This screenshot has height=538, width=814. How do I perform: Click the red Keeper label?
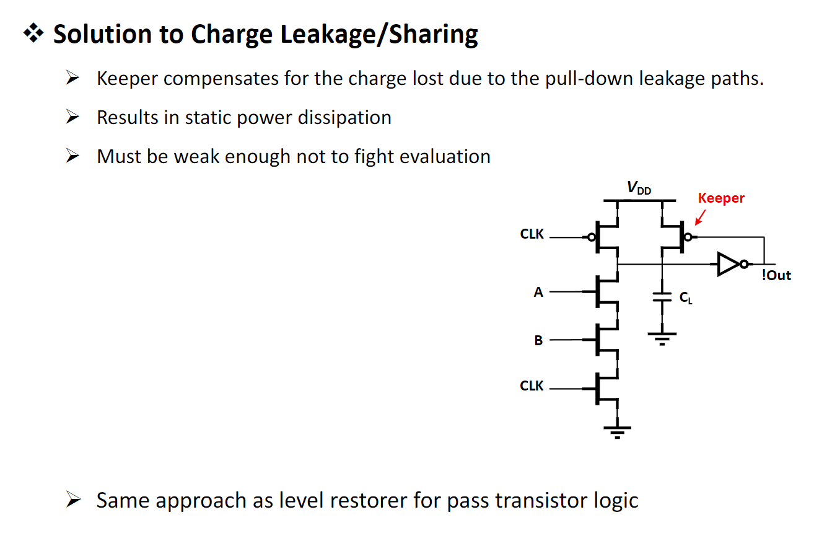[x=721, y=198]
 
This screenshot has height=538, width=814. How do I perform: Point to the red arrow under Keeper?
[x=700, y=218]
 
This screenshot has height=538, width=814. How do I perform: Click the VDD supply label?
[x=639, y=188]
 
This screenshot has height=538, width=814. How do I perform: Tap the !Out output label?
[x=776, y=275]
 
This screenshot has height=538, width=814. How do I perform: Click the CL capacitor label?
[x=686, y=298]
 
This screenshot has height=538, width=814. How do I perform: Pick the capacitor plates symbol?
[x=662, y=297]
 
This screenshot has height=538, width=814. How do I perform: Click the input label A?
[x=538, y=292]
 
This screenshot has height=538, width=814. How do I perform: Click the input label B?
[x=538, y=340]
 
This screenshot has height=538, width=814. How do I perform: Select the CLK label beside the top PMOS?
[x=532, y=234]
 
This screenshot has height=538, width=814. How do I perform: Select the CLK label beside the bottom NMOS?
[x=532, y=386]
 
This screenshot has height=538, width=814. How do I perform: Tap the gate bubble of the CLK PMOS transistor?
[x=592, y=237]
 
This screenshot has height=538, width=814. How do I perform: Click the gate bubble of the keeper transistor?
[x=688, y=237]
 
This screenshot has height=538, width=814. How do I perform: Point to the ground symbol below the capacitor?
[x=662, y=338]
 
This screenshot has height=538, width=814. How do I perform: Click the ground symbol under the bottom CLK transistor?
[x=617, y=433]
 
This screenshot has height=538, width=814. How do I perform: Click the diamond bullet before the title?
[x=33, y=33]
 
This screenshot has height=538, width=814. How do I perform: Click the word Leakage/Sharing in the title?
[x=379, y=35]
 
